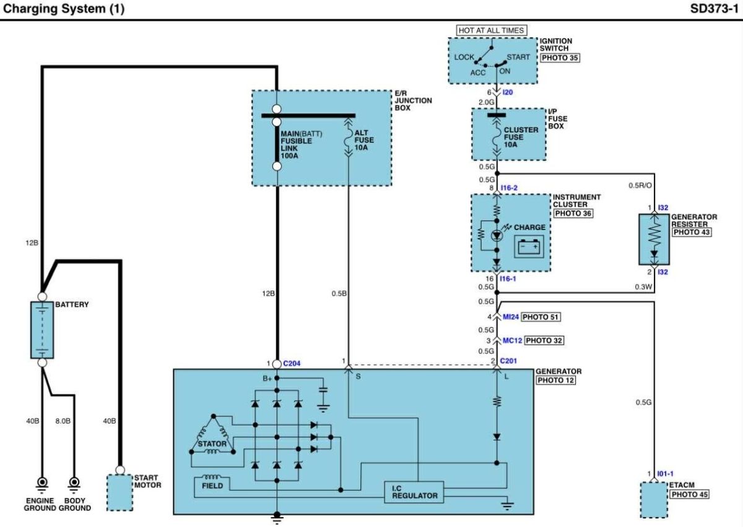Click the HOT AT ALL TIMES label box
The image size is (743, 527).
(491, 30)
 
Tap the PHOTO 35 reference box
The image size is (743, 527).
(560, 58)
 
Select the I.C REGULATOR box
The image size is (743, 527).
(414, 492)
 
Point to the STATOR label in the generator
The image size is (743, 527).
(212, 444)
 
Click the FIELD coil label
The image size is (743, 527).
(212, 486)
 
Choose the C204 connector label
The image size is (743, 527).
(292, 364)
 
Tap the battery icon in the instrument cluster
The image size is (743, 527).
(529, 247)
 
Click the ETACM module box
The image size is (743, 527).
(653, 500)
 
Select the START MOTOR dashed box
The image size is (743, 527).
(119, 493)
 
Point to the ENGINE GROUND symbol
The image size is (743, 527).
(42, 485)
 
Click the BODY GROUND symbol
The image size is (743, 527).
(74, 485)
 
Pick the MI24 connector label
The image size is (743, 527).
(510, 317)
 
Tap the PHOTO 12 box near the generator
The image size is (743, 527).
(555, 380)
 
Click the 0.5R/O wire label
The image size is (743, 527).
(640, 186)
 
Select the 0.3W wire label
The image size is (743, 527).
(643, 287)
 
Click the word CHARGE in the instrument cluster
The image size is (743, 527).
(529, 228)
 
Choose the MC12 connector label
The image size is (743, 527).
(512, 340)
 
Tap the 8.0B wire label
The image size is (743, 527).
(63, 421)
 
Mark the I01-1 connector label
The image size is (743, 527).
(665, 474)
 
